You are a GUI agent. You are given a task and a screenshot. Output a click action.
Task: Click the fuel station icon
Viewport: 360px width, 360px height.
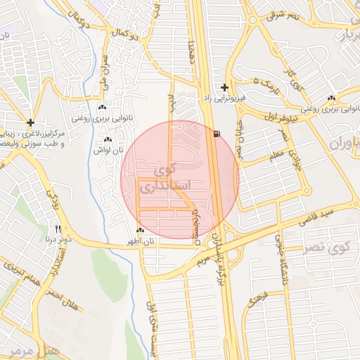[x=215, y=133]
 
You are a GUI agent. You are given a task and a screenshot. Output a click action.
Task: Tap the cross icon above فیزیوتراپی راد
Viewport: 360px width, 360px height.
[x=224, y=88]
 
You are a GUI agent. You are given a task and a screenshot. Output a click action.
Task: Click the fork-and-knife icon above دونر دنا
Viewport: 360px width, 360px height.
[x=58, y=229]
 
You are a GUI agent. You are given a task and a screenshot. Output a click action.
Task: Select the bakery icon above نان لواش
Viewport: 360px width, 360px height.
[x=108, y=141]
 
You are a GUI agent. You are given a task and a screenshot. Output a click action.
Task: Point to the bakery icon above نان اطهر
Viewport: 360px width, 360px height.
[x=140, y=231]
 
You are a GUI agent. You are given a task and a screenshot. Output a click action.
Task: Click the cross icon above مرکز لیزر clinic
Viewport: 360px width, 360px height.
[x=30, y=122]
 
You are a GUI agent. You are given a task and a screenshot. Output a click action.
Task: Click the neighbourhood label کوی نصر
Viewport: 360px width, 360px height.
[x=330, y=247]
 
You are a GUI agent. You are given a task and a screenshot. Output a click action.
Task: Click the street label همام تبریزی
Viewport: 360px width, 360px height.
[x=23, y=271]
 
